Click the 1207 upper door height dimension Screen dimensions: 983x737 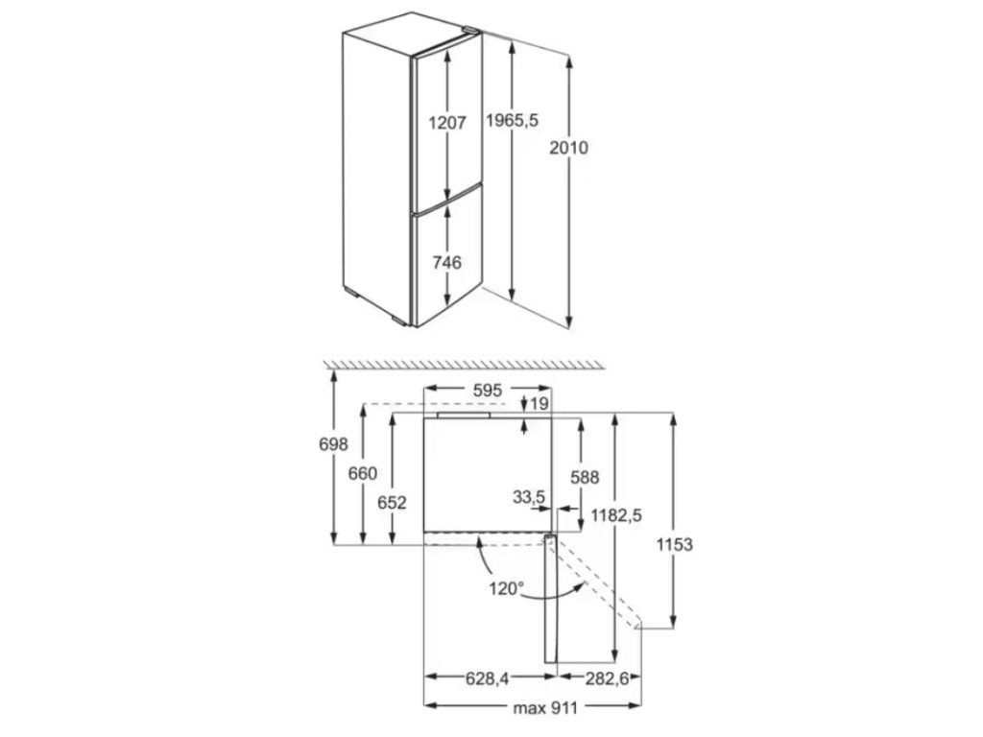(447, 123)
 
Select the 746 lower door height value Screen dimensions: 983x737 (447, 262)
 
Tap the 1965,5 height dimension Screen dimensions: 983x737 (513, 120)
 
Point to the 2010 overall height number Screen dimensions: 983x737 (569, 148)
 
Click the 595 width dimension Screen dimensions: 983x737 (488, 390)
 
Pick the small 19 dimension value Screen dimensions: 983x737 (538, 404)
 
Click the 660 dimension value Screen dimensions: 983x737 (363, 473)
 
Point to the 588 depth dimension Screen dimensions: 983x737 (584, 476)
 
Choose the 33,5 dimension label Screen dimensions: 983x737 (529, 496)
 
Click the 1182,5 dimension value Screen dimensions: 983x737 (616, 515)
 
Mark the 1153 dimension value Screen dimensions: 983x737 (675, 545)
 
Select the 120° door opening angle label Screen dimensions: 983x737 (505, 587)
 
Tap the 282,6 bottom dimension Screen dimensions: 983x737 (607, 679)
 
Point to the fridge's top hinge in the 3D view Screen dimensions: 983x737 (469, 34)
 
